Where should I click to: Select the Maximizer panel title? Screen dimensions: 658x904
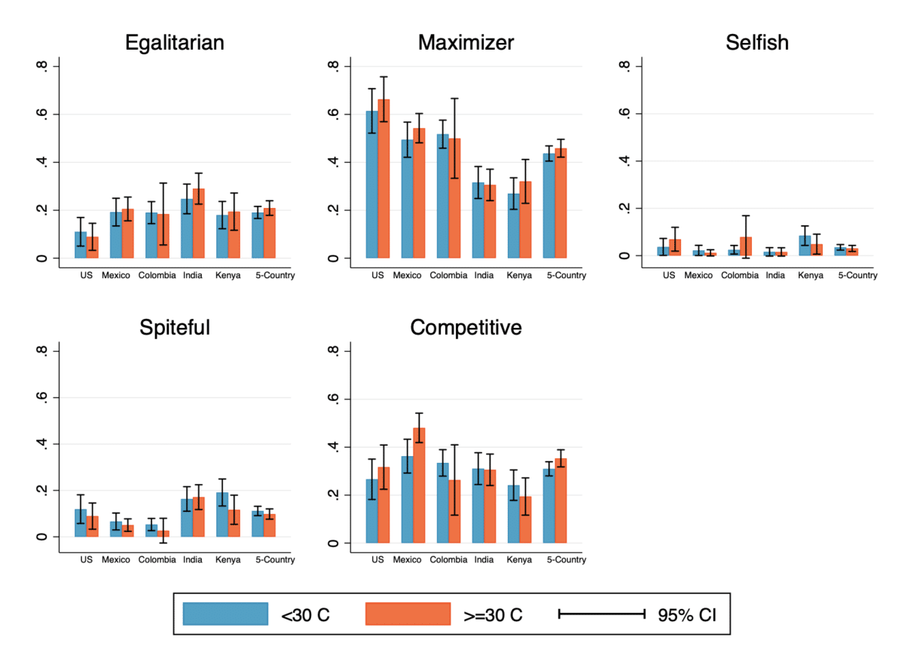point(466,43)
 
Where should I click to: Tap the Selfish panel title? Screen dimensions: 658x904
point(757,43)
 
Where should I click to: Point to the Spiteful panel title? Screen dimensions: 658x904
point(174,328)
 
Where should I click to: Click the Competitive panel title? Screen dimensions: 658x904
point(466,328)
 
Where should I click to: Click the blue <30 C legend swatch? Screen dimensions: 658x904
point(226,614)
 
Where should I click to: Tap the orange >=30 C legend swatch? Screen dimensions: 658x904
point(408,614)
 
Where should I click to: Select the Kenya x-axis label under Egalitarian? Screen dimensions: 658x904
point(228,276)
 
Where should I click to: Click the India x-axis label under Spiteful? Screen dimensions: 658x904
point(192,561)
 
